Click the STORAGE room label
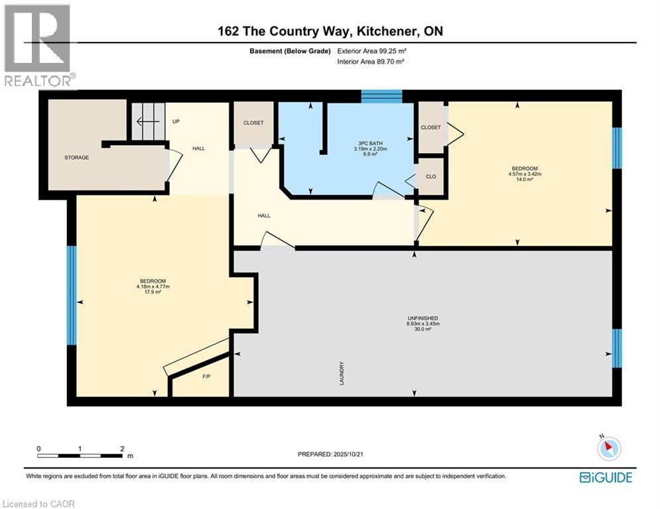[x=77, y=157]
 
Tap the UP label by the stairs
[x=176, y=122]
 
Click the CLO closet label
[x=430, y=176]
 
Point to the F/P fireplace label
[x=206, y=376]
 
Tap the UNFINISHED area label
[x=423, y=318]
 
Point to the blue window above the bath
[x=381, y=96]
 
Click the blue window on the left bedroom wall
[x=72, y=295]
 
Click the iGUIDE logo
[x=606, y=477]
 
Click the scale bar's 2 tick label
[x=123, y=449]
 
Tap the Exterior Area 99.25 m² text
[x=371, y=51]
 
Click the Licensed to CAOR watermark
[x=38, y=504]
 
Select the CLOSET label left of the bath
[x=253, y=123]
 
